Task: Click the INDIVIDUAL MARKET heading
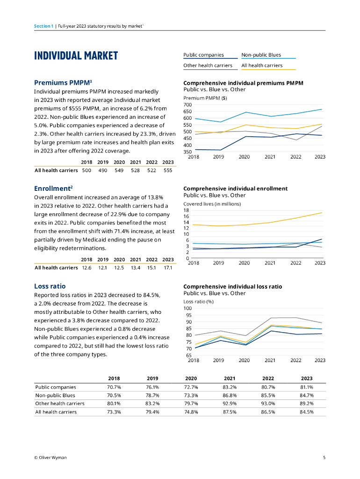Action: coord(76,56)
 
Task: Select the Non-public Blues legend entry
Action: coord(261,55)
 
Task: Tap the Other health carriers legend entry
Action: coord(208,65)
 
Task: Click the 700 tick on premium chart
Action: coord(187,105)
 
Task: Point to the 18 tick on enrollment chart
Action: coord(187,210)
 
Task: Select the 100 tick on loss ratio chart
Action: coord(187,308)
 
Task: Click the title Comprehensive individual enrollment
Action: coord(235,189)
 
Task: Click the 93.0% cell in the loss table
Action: coord(268,403)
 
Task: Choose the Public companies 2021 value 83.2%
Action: coord(230,387)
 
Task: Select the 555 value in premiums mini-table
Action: coord(168,171)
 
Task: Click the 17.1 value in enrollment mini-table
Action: coord(168,268)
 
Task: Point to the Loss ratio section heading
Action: coord(50,286)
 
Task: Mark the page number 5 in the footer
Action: coord(324,457)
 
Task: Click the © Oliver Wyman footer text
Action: coord(50,457)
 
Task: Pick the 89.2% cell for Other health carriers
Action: coord(307,403)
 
